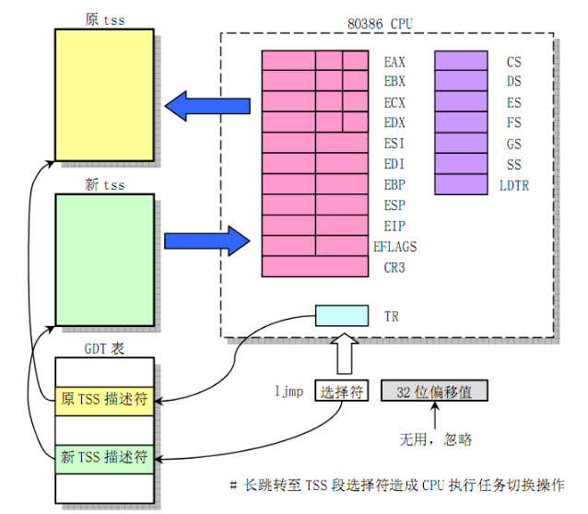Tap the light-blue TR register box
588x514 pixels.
[342, 315]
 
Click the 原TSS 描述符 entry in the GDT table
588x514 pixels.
[103, 400]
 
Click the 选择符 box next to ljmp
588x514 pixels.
[343, 391]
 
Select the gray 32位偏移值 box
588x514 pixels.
[433, 391]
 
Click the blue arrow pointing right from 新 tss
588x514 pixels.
[206, 241]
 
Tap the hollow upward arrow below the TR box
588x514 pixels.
[342, 352]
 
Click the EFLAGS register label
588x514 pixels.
[394, 247]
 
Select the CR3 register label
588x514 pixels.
[394, 268]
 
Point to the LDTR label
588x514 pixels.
[513, 185]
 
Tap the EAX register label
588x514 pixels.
[394, 63]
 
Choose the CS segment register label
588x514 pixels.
[513, 63]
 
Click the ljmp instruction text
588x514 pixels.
[288, 391]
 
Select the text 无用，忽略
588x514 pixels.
[435, 438]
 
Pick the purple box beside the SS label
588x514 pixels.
[460, 164]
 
